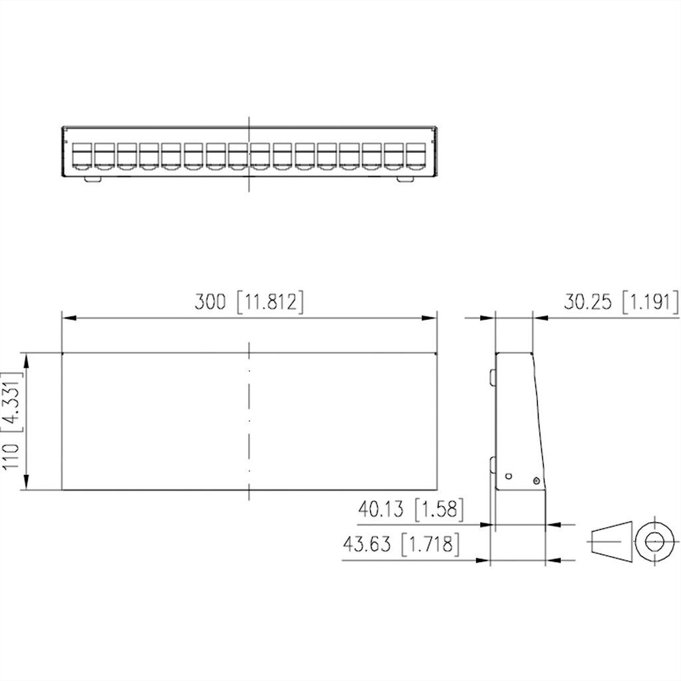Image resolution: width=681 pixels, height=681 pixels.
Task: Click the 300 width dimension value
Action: [209, 302]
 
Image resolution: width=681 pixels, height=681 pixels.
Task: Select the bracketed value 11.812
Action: [271, 302]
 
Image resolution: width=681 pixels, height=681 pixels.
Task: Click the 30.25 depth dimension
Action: [588, 302]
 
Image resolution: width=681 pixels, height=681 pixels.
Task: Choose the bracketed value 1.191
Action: [650, 302]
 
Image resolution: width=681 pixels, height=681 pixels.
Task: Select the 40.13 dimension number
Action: [381, 509]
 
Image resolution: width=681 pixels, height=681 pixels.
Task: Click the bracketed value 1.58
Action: [439, 509]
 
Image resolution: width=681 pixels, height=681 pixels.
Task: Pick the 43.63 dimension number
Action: [366, 544]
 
